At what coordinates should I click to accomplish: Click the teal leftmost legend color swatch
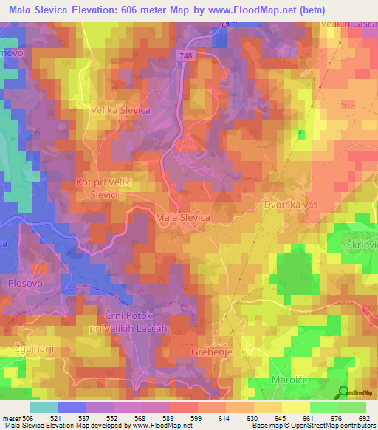[x=43, y=407]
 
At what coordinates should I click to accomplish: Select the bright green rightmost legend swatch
[x=351, y=407]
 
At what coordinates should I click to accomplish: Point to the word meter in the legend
[x=13, y=417]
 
